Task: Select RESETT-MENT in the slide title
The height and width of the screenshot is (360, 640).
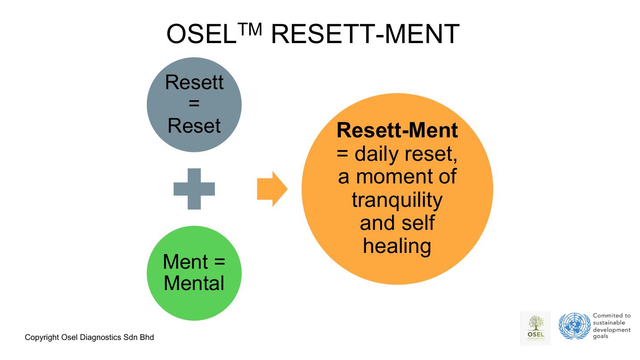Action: pos(365,34)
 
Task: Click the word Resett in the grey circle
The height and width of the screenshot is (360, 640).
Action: pos(194,82)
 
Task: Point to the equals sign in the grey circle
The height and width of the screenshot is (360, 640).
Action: pos(194,104)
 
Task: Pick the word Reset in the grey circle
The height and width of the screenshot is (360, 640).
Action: pos(194,126)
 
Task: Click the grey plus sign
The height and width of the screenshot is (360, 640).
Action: pos(194,189)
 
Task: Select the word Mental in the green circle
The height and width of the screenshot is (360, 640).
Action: pos(194,284)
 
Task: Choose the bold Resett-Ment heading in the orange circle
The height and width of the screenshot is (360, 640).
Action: pos(397,131)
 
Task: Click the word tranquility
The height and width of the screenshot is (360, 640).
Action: pos(397,200)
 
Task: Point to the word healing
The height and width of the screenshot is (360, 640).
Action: pos(397,246)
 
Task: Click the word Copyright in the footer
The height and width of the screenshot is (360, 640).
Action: pos(42,338)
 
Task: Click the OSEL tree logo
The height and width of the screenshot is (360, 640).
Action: pos(536,328)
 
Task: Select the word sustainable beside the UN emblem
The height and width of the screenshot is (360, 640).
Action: pos(609,323)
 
